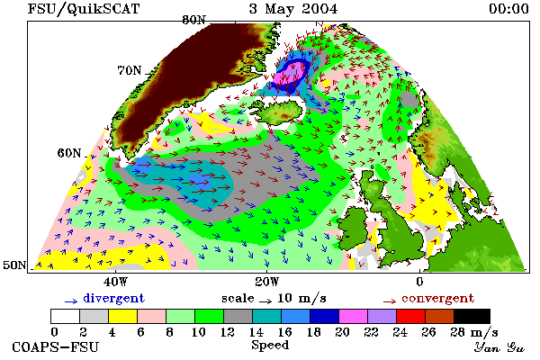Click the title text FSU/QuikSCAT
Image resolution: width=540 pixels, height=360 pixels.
[84, 9]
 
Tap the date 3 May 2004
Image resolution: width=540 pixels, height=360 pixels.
[293, 9]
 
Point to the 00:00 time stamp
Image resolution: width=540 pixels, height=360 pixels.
[508, 9]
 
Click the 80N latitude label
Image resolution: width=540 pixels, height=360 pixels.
[193, 20]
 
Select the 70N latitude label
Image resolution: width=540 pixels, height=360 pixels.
[130, 70]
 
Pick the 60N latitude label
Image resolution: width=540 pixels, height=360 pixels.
[69, 153]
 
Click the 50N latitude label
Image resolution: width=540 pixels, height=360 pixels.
[14, 265]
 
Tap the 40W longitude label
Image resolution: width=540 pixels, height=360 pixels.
[115, 282]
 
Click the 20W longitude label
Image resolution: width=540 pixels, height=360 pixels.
[267, 282]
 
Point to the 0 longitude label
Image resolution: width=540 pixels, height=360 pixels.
[419, 282]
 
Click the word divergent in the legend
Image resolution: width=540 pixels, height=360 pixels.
[114, 298]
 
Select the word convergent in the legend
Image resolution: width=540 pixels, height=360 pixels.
[438, 298]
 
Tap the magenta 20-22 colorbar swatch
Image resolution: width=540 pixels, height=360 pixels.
[354, 316]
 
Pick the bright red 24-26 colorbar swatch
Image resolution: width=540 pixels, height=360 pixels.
[410, 316]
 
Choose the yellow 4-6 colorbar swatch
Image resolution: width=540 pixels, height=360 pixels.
[122, 316]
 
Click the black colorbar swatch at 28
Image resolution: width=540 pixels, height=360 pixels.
[472, 316]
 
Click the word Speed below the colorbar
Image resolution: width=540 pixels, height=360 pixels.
[270, 346]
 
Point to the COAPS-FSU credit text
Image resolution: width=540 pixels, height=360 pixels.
[55, 346]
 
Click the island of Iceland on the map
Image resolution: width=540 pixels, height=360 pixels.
[280, 111]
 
